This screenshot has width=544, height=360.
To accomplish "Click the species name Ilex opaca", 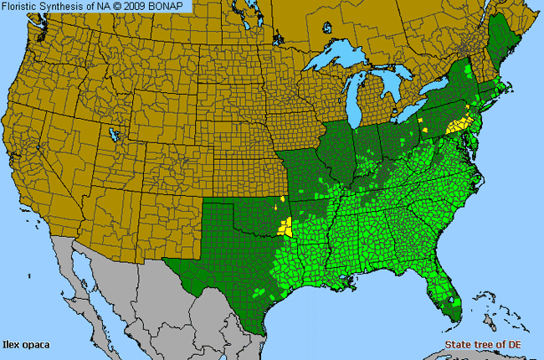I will pos(26,344).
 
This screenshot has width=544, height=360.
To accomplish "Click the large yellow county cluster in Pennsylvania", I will pos(458,126).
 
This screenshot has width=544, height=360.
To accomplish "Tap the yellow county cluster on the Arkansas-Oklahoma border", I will pos(287,226).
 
